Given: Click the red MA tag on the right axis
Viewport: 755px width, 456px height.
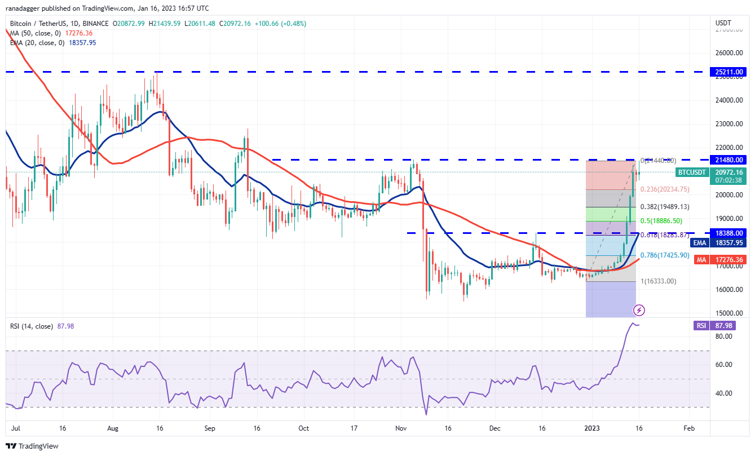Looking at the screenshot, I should click(x=701, y=260).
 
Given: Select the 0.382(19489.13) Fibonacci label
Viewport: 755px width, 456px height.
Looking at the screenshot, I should click(x=665, y=207).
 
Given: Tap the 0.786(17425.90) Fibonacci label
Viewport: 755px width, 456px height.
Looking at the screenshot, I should click(x=665, y=255).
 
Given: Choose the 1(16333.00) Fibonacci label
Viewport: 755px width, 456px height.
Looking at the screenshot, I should click(x=657, y=281).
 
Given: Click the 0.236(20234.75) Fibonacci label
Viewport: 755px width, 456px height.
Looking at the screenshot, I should click(x=665, y=189).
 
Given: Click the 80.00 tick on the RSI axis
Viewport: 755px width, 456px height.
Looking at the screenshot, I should click(x=723, y=337).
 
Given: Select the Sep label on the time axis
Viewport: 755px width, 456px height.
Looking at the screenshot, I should click(x=210, y=428).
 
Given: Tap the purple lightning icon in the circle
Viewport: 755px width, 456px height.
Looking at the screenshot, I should click(x=639, y=309).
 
